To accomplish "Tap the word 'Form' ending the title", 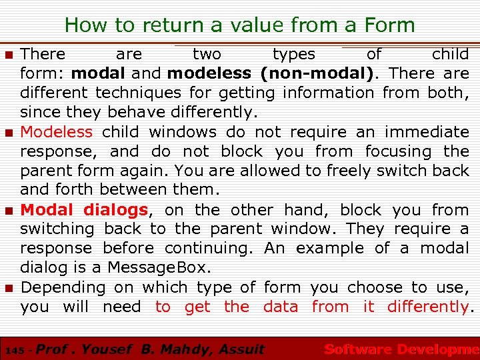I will pyautogui.click(x=389, y=26).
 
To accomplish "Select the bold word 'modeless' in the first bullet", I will pyautogui.click(x=209, y=73).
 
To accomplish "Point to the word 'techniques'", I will pyautogui.click(x=138, y=93).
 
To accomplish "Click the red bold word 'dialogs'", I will pyautogui.click(x=115, y=210).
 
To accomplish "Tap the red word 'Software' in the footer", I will pyautogui.click(x=357, y=349).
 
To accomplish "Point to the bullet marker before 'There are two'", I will pyautogui.click(x=9, y=55).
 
